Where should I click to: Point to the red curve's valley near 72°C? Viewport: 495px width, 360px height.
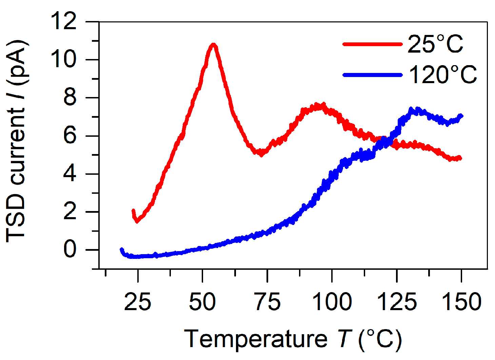(x=261, y=154)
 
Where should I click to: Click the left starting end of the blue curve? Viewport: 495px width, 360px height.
(x=122, y=250)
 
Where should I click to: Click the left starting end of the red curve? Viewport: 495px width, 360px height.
(x=133, y=211)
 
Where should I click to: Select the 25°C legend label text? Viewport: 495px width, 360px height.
(x=435, y=44)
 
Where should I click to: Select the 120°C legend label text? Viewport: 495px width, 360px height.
(x=443, y=75)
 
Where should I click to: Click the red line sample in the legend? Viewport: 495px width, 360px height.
(x=372, y=44)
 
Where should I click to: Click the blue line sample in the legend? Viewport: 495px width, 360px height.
(x=372, y=75)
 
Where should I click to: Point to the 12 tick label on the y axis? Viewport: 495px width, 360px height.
(x=63, y=21)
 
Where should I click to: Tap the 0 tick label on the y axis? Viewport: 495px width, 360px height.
(x=70, y=250)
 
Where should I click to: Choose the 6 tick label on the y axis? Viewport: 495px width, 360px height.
(x=70, y=136)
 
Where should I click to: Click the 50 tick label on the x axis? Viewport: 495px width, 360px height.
(x=202, y=301)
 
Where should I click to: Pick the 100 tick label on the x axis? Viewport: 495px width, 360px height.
(x=332, y=301)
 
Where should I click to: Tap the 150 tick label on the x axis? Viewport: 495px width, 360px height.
(x=462, y=301)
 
